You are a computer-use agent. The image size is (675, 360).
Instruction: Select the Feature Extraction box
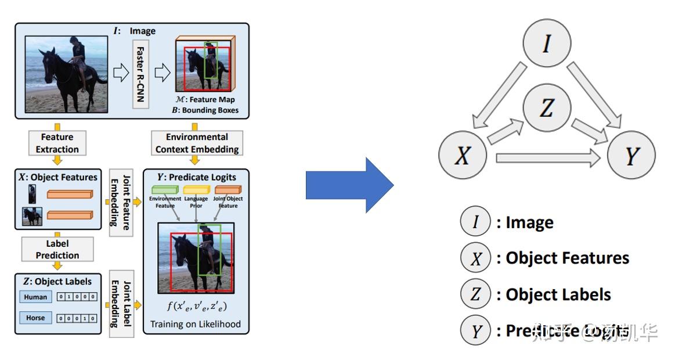(57, 143)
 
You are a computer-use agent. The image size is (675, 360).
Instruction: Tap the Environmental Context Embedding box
(196, 143)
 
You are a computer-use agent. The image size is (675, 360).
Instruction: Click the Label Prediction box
(57, 250)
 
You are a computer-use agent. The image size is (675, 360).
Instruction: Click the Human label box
(35, 297)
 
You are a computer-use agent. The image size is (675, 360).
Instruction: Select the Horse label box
(35, 318)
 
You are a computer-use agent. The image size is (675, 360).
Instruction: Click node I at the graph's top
(547, 44)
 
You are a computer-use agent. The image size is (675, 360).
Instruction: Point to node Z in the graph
(547, 108)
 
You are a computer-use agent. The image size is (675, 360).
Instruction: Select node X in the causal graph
(462, 156)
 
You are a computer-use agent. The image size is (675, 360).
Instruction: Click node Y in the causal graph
(631, 156)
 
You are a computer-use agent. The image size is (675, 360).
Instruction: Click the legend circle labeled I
(475, 222)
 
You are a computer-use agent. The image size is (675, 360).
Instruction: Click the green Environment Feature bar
(165, 190)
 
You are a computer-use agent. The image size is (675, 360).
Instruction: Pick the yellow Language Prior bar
(196, 190)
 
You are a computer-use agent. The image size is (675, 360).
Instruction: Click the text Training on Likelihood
(196, 324)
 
